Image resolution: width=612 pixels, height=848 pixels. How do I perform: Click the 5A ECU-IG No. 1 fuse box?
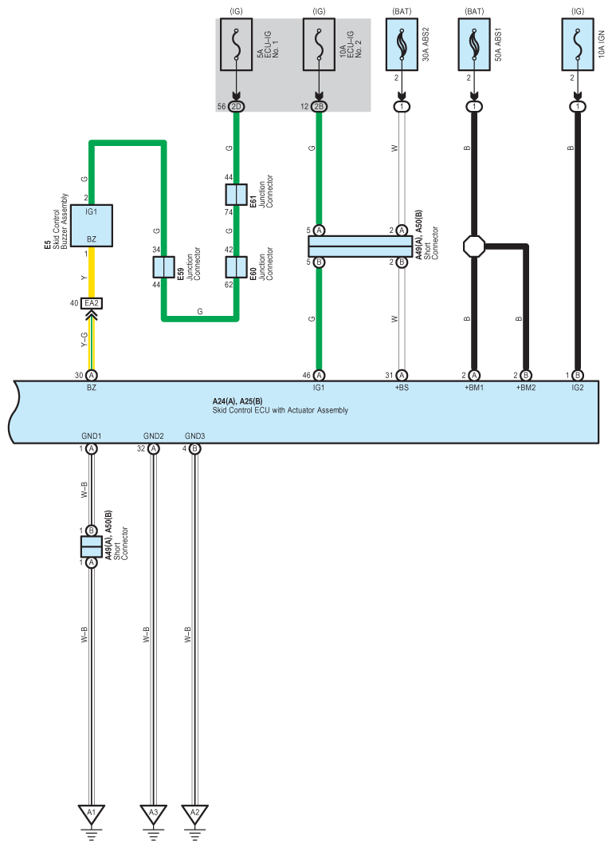tap(236, 47)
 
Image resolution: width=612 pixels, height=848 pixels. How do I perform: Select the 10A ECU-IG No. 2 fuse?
tap(319, 47)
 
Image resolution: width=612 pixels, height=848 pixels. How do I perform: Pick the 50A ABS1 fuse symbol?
tap(475, 47)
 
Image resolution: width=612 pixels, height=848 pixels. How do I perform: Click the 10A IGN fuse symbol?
tap(577, 47)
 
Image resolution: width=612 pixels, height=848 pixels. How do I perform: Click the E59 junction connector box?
tap(164, 267)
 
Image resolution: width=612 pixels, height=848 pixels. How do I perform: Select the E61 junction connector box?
tap(236, 195)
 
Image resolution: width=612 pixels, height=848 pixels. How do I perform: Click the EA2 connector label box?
tap(92, 303)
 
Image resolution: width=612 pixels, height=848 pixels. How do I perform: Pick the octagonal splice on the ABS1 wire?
tap(475, 246)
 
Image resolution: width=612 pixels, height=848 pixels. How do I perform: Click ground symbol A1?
tap(92, 814)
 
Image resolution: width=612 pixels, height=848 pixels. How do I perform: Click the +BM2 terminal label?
tap(526, 387)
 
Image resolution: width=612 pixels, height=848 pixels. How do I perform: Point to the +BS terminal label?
tap(402, 387)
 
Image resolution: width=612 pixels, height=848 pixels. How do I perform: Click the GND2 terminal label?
tap(154, 436)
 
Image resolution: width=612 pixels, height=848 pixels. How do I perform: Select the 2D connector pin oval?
tap(236, 106)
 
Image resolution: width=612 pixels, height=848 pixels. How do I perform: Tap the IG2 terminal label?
tap(577, 387)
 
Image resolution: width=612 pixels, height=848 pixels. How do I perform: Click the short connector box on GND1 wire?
tap(92, 546)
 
